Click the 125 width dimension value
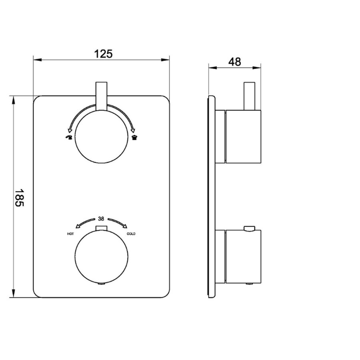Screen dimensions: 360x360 click(x=103, y=54)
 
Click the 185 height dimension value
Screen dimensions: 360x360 click(x=19, y=198)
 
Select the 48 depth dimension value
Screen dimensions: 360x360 click(x=235, y=62)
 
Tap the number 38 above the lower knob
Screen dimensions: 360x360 click(x=101, y=219)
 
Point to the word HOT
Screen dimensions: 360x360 click(x=70, y=234)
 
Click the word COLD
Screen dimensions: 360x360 click(x=131, y=234)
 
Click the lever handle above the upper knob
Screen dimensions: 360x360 click(x=102, y=97)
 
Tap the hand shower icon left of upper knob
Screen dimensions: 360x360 click(x=69, y=137)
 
